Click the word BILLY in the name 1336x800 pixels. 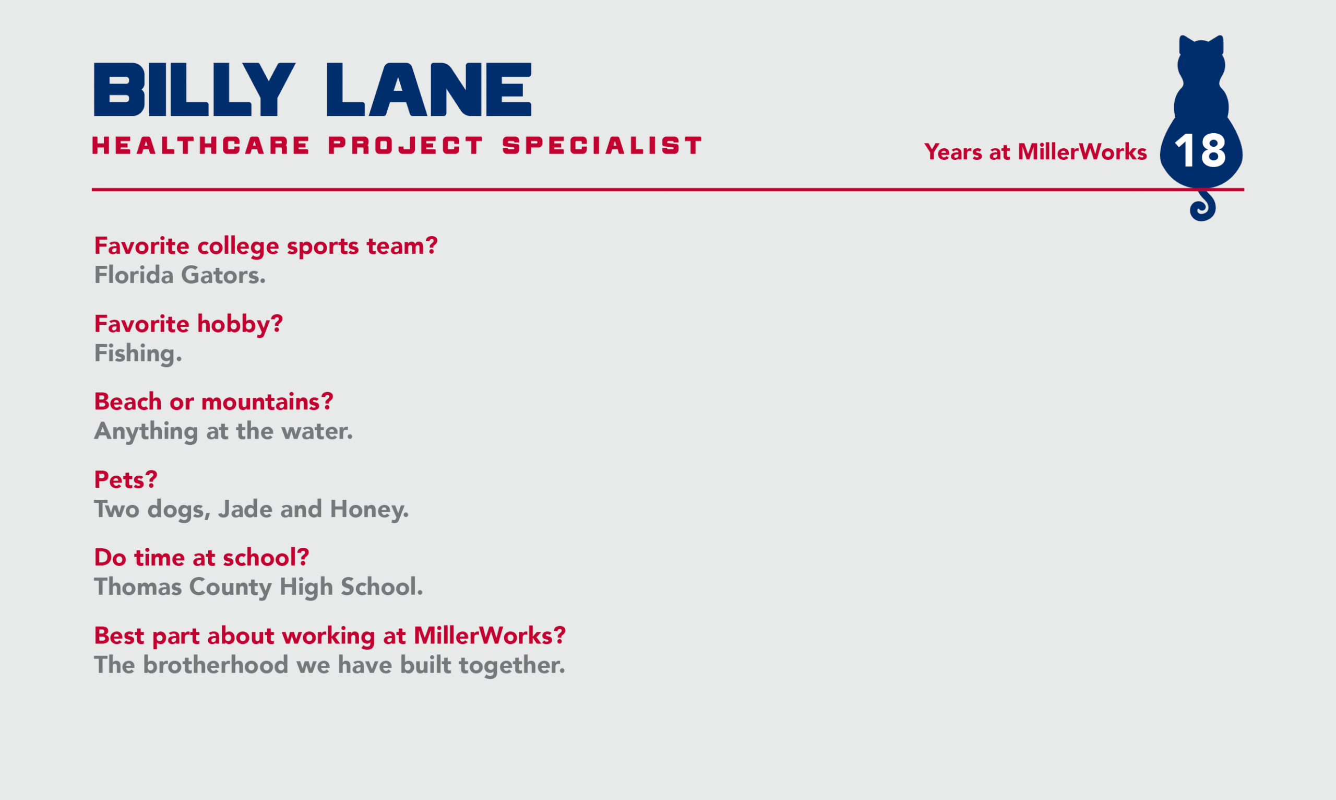click(x=195, y=89)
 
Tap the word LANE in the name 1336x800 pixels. click(x=429, y=89)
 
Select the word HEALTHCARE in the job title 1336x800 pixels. click(x=201, y=146)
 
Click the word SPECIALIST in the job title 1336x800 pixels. click(x=602, y=146)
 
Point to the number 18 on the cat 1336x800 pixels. click(x=1200, y=151)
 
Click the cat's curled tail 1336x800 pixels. click(x=1203, y=206)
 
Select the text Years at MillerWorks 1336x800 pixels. click(x=1035, y=152)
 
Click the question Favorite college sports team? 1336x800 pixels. click(x=266, y=246)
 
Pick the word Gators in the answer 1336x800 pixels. click(x=223, y=275)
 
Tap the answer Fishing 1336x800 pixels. click(x=138, y=354)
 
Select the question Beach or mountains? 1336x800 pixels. click(x=214, y=402)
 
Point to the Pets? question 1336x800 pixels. click(x=126, y=480)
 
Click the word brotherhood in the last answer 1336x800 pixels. click(x=216, y=665)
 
